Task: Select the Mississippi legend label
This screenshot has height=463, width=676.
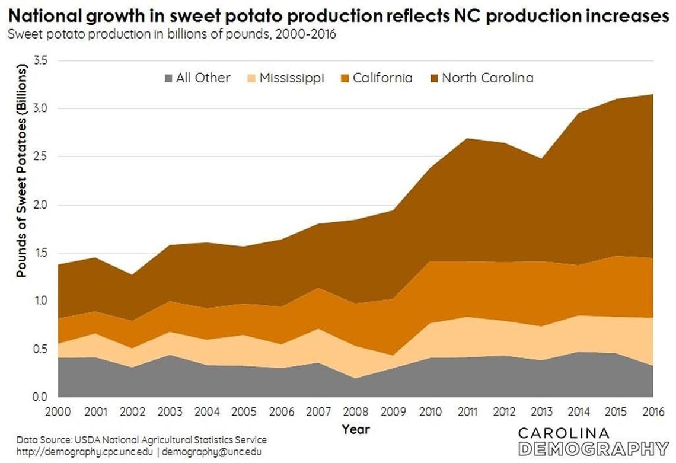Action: coord(291,78)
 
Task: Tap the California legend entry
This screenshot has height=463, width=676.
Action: coord(382,78)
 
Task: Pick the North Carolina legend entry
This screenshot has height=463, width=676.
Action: coord(487,78)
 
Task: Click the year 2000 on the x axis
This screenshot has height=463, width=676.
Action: coord(58,411)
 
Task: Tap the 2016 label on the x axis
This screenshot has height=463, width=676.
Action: coord(652,411)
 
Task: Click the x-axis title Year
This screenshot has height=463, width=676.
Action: coord(356,429)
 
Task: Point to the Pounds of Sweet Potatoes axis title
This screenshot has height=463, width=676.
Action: coord(21,172)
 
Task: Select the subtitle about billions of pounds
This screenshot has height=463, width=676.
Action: coord(171,34)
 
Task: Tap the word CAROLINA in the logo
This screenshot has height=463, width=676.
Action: coord(564,433)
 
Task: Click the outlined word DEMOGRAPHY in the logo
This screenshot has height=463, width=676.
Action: coord(594,448)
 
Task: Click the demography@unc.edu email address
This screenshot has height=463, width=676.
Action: coord(212,452)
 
